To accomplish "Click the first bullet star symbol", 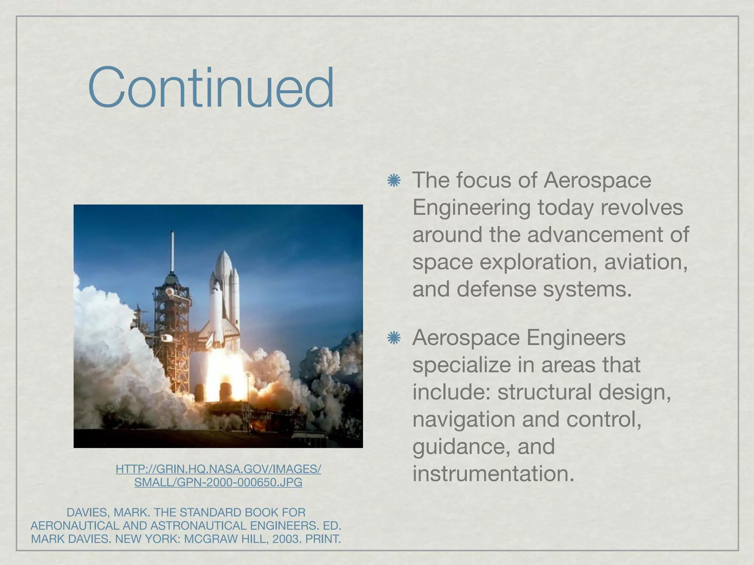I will [394, 181].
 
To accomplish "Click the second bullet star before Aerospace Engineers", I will [394, 338].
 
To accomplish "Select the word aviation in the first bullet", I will [646, 262].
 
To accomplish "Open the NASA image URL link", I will [218, 475].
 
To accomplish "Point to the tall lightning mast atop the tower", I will [172, 250].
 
